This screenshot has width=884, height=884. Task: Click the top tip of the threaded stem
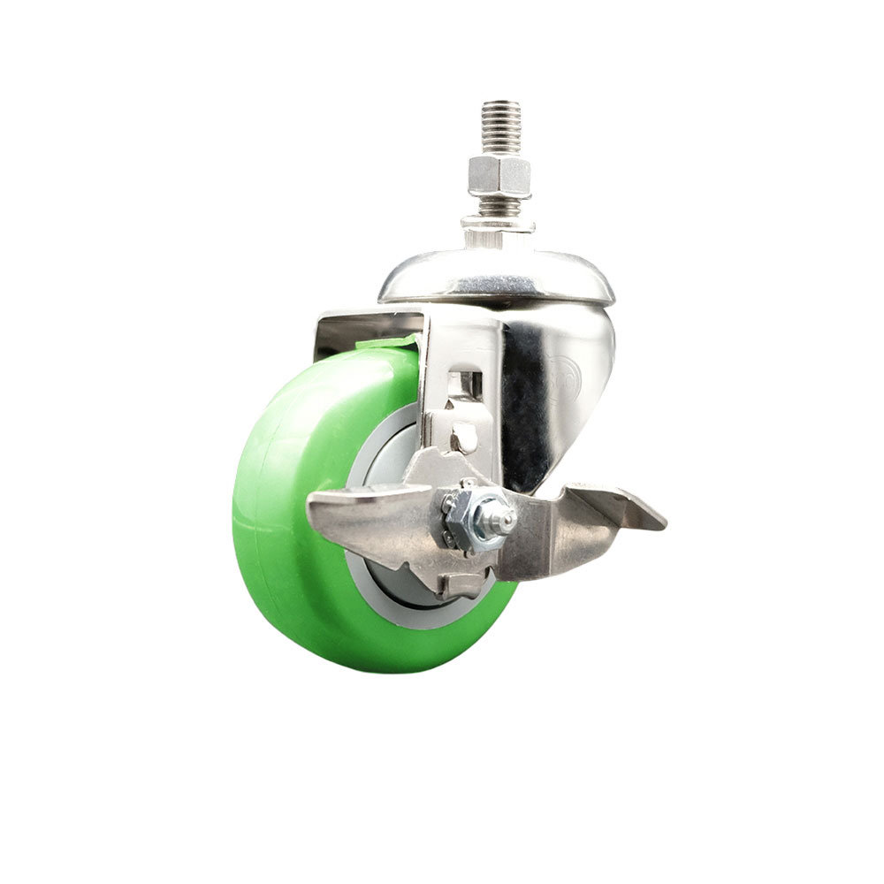501,105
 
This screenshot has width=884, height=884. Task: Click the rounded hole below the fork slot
463,438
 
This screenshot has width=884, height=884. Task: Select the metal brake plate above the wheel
367,325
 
